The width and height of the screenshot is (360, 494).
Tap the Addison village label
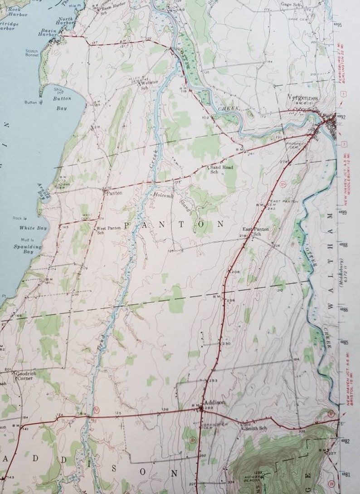(214, 402)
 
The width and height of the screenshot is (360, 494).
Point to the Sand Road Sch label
(221, 169)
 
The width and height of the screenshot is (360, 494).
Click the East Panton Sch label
(256, 231)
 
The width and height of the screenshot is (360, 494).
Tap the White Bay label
(27, 228)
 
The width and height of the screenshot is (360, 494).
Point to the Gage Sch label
(291, 4)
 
